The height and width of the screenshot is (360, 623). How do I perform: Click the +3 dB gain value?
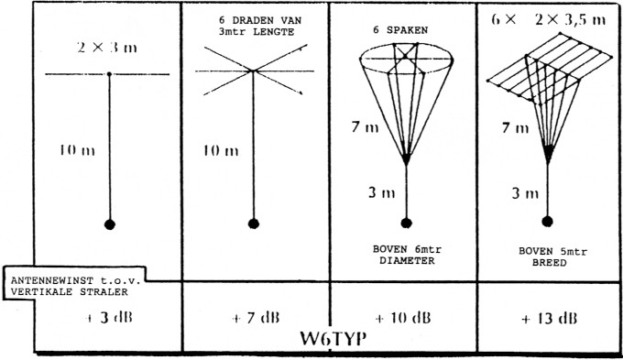click(91, 318)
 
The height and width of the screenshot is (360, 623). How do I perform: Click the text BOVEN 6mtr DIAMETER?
click(400, 253)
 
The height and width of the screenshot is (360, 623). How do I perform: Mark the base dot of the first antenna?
click(110, 224)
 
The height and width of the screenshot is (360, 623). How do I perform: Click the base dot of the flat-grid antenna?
click(548, 220)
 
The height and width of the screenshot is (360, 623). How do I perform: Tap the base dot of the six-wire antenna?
click(252, 222)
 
